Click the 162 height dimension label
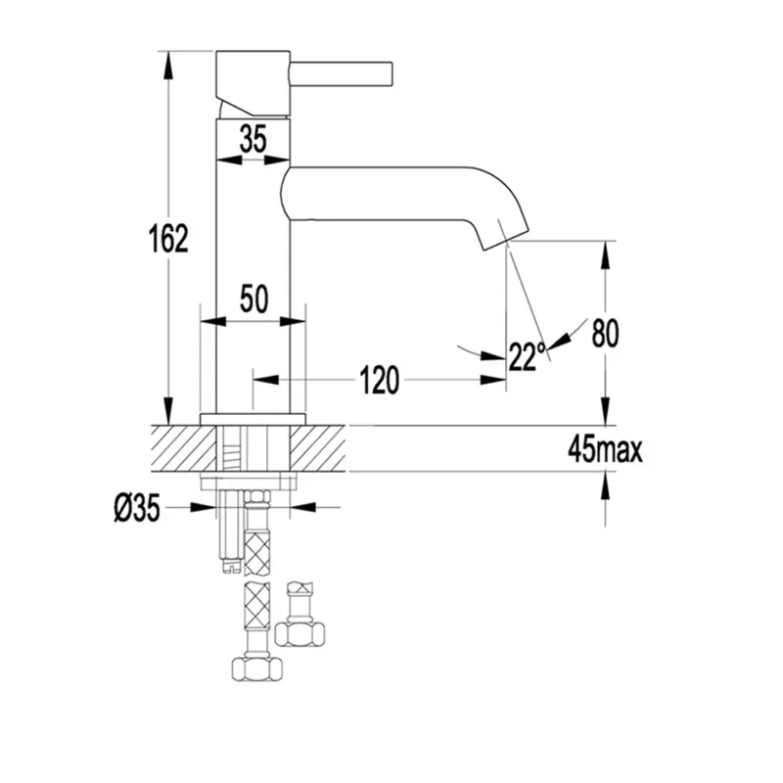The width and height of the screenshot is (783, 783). pyautogui.click(x=168, y=238)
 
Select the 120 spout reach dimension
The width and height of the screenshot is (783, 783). pyautogui.click(x=379, y=380)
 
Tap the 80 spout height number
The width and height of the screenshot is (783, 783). pyautogui.click(x=605, y=333)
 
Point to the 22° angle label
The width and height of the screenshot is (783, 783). pyautogui.click(x=527, y=356)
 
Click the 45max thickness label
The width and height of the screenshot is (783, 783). pyautogui.click(x=605, y=450)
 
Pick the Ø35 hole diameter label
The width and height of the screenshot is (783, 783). pyautogui.click(x=137, y=508)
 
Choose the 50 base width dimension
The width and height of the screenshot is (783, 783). pyautogui.click(x=254, y=299)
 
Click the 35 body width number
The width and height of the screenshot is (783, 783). pyautogui.click(x=253, y=138)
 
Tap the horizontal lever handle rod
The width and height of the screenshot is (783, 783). pyautogui.click(x=342, y=74)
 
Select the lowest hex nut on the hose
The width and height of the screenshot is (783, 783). pyautogui.click(x=257, y=668)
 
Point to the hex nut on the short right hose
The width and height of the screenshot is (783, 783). pyautogui.click(x=299, y=633)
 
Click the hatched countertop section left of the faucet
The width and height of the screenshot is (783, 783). pyautogui.click(x=183, y=448)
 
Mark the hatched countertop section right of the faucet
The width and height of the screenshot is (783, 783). pyautogui.click(x=317, y=448)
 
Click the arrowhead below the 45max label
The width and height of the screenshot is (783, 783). pyautogui.click(x=605, y=486)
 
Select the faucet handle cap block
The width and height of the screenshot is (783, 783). pyautogui.click(x=253, y=83)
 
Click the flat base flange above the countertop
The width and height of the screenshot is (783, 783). pyautogui.click(x=253, y=420)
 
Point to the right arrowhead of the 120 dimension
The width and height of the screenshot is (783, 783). pyautogui.click(x=493, y=380)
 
